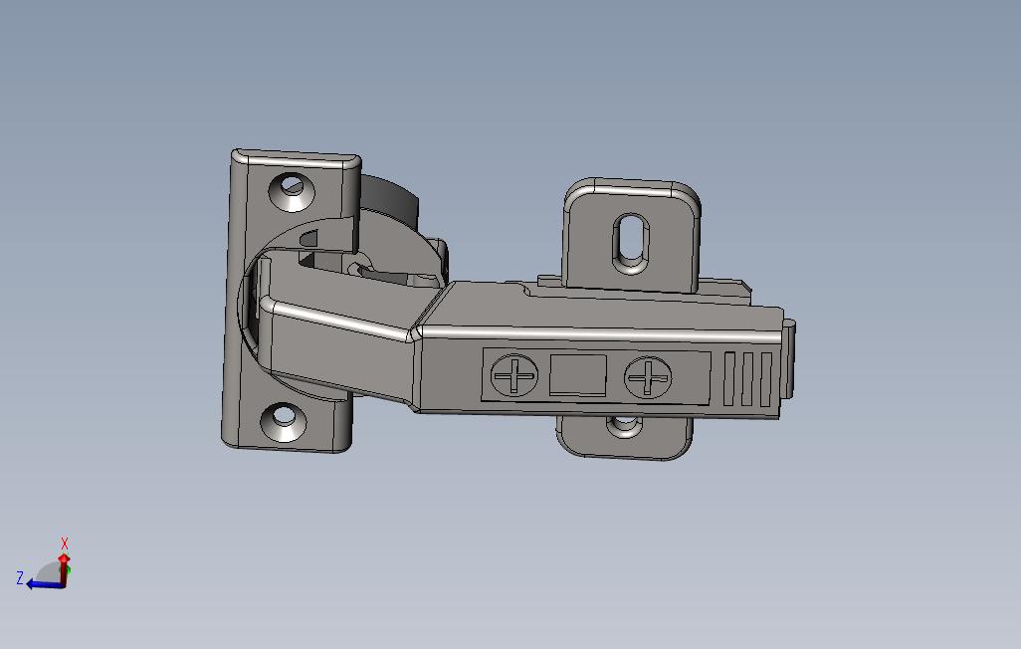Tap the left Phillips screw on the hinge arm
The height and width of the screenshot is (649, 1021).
click(514, 377)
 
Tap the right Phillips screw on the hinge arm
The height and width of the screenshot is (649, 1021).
click(647, 378)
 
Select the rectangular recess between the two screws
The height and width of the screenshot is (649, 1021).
click(578, 375)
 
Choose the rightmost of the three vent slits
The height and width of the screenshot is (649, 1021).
click(765, 379)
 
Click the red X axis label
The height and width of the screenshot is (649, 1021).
click(65, 543)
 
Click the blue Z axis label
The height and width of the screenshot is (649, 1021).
click(20, 577)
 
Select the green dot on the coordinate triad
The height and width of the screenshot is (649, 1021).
click(65, 574)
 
